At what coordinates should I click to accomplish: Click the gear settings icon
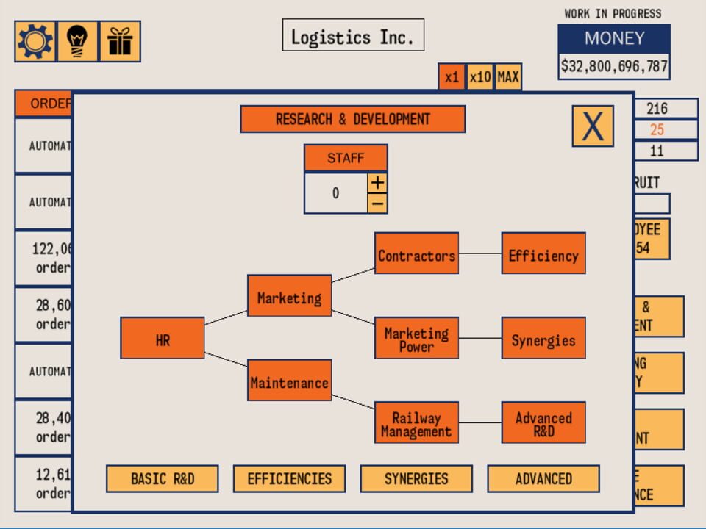click(x=35, y=42)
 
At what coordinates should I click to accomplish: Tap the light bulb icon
click(x=77, y=42)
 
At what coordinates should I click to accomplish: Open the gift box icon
click(x=119, y=42)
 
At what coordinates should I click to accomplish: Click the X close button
click(x=592, y=126)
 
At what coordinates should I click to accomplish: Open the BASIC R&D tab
click(x=163, y=479)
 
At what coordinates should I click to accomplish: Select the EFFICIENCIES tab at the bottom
click(x=289, y=479)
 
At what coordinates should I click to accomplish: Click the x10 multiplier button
click(x=479, y=77)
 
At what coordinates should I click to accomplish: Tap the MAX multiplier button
click(x=508, y=77)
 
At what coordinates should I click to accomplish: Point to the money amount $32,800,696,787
click(x=614, y=66)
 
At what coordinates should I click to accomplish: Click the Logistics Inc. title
click(x=353, y=35)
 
